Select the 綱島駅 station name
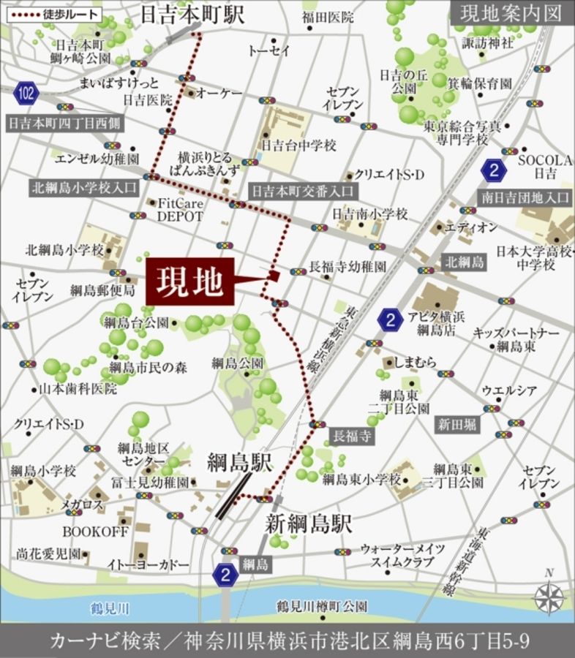click(239, 462)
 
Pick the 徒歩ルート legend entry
click(50, 13)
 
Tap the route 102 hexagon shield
click(26, 93)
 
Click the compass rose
click(549, 599)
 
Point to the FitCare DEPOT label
click(180, 209)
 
